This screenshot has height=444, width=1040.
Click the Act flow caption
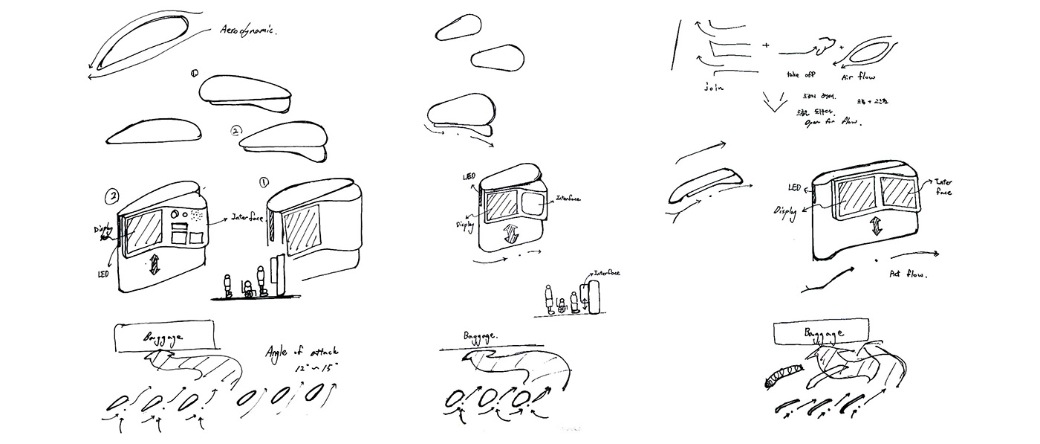coord(909,274)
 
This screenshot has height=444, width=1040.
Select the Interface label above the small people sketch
coord(603,273)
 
